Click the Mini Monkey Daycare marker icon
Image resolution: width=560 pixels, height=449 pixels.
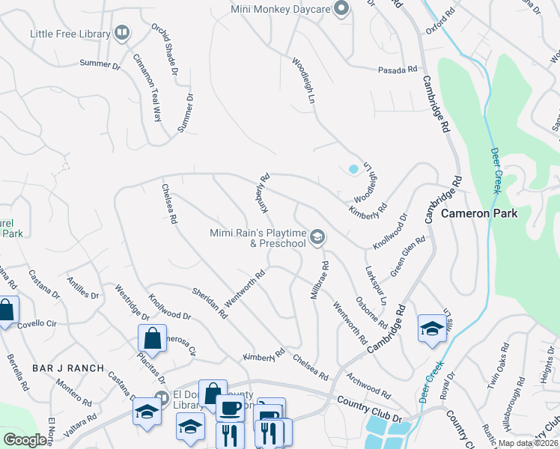[341, 10]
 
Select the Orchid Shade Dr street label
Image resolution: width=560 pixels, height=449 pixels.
[164, 50]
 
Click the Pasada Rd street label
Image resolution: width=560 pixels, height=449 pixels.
[396, 69]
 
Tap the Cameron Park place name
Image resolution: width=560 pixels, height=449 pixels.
[479, 213]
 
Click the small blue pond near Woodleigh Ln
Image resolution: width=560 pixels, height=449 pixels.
[353, 169]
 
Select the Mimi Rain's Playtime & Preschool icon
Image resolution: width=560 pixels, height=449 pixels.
[317, 237]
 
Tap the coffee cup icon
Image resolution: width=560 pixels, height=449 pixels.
[230, 409]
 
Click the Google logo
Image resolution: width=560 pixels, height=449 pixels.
[25, 439]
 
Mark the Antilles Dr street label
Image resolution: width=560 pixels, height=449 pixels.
[83, 287]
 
